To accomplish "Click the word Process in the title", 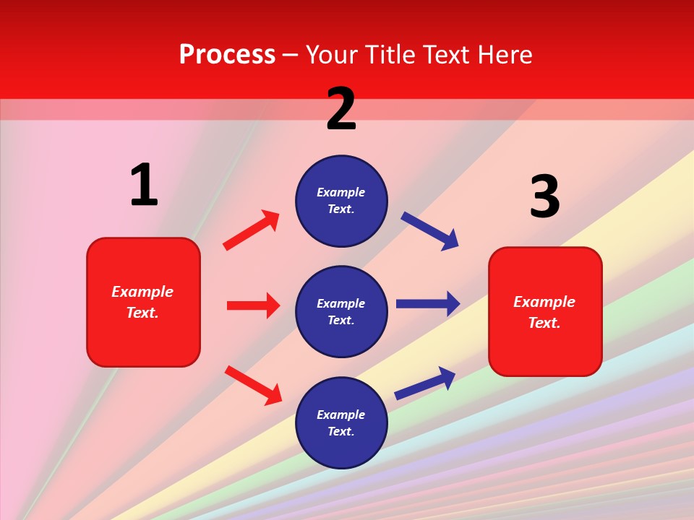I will coord(227,54).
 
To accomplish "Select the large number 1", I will coord(144,185).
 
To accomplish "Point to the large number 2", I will coord(341,109).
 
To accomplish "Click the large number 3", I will coord(544,196).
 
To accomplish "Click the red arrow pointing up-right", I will coord(252,230).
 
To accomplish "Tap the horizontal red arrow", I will coord(253,305).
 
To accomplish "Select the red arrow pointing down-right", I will coord(253,385).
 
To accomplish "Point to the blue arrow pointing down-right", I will coord(430,230).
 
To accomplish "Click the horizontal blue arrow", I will coord(428,303).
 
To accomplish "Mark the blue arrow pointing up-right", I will coord(425,383).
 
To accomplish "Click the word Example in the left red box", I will coord(142,292).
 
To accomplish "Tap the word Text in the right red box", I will coord(544,323).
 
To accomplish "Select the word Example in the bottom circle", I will coord(341,415).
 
